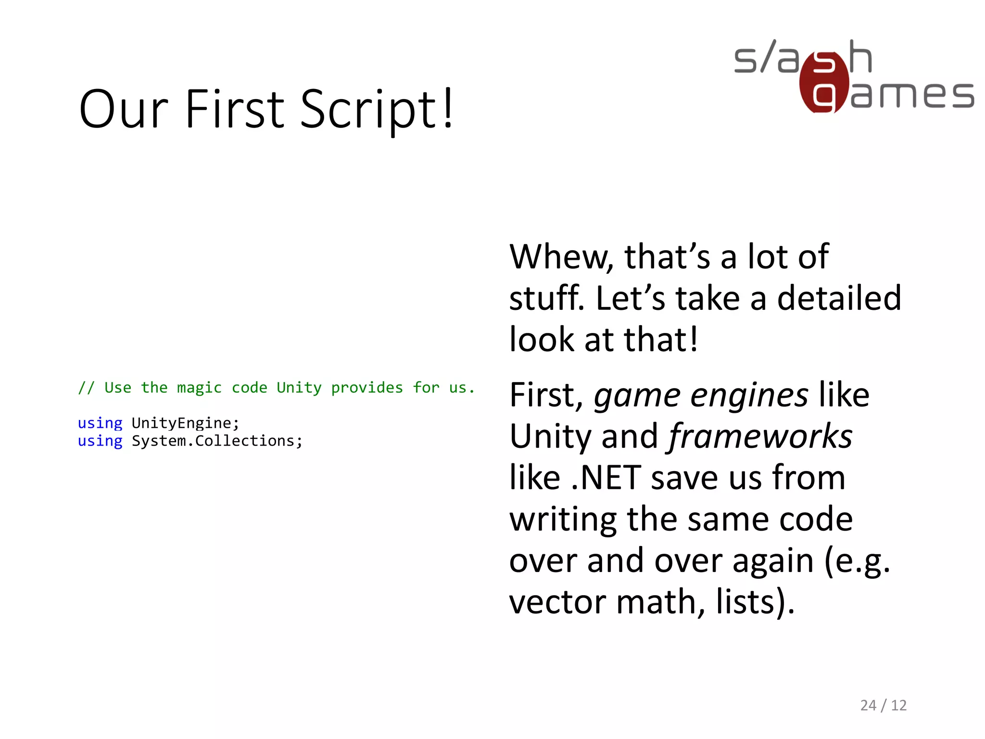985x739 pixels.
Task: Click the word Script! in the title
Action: click(377, 110)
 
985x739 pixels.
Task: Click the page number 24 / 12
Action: click(883, 705)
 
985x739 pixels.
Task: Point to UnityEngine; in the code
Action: click(185, 423)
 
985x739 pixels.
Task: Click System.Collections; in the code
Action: click(217, 441)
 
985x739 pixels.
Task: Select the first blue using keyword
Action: click(100, 423)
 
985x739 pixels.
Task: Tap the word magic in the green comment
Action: click(199, 387)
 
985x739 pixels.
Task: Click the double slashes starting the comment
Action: click(87, 387)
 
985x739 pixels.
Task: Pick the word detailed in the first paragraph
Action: click(839, 298)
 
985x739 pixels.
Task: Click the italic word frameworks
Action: click(760, 436)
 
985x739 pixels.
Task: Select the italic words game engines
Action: click(701, 395)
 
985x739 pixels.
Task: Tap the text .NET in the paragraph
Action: click(606, 478)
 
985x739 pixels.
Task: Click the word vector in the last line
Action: click(558, 602)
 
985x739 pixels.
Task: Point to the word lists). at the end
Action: click(755, 602)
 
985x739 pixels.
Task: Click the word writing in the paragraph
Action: click(563, 520)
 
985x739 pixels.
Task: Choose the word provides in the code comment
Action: click(367, 387)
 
